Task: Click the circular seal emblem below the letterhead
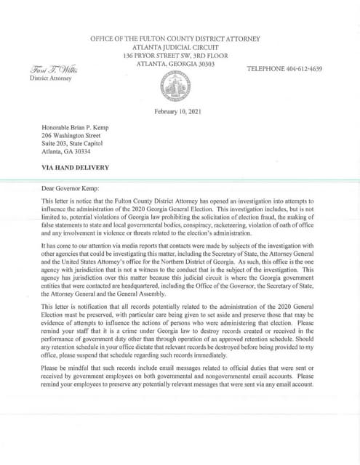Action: pos(179,90)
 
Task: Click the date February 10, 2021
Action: pos(179,111)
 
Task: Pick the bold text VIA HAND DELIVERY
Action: pos(76,168)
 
